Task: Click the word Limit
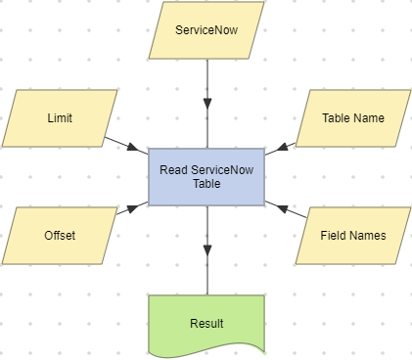(x=60, y=118)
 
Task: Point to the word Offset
(x=60, y=236)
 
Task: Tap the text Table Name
(x=353, y=118)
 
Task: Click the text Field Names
(x=353, y=236)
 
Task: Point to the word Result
(x=206, y=323)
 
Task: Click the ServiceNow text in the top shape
(x=206, y=30)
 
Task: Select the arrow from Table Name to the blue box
(x=285, y=145)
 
